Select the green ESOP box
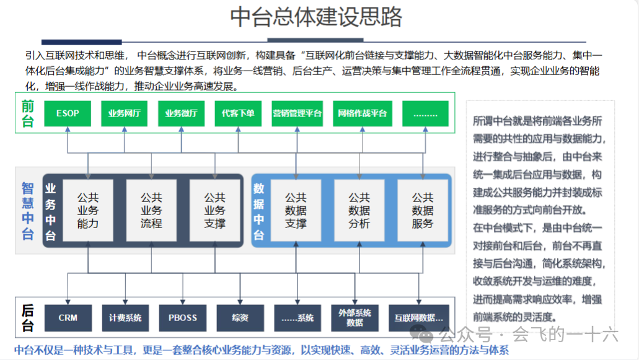pos(67,114)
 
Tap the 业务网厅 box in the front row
pos(124,114)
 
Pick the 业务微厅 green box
pos(181,114)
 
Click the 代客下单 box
pos(238,114)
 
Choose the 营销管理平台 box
pos(297,114)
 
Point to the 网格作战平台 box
pos(362,114)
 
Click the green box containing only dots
pos(425,114)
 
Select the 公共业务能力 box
pos(88,211)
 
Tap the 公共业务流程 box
pos(151,211)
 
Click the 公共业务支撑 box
pos(214,211)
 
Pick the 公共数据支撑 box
pos(296,211)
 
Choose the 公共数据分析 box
pos(359,211)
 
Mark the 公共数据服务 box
pos(422,211)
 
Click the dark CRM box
pos(68,318)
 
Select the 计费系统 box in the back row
pos(125,318)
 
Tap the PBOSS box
pos(183,318)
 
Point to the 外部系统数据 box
pos(355,318)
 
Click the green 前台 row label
pos(27,113)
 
